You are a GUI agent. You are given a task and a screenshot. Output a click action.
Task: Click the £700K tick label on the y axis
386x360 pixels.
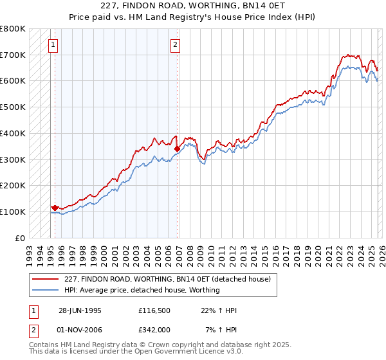(x=12, y=55)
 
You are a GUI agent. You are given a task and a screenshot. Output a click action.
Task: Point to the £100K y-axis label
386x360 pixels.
(x=12, y=212)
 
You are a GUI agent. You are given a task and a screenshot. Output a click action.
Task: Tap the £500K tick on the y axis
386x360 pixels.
(x=12, y=107)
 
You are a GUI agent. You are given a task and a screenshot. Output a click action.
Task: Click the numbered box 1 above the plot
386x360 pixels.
(x=52, y=44)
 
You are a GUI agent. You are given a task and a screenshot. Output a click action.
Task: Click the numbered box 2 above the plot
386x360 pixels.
(x=175, y=44)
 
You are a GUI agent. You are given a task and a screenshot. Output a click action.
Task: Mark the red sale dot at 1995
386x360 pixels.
(x=55, y=208)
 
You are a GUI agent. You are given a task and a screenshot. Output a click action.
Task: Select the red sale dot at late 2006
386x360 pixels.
(x=177, y=148)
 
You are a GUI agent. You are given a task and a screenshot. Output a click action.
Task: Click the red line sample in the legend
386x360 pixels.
(x=46, y=279)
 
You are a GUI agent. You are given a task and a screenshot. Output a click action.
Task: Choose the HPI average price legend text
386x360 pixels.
(x=142, y=290)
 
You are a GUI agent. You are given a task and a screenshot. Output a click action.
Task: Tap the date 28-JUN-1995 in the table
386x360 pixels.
(x=80, y=310)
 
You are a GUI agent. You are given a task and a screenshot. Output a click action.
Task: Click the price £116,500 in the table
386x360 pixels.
(x=154, y=310)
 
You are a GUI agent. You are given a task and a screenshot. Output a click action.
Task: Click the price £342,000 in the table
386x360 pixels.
(x=154, y=329)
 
